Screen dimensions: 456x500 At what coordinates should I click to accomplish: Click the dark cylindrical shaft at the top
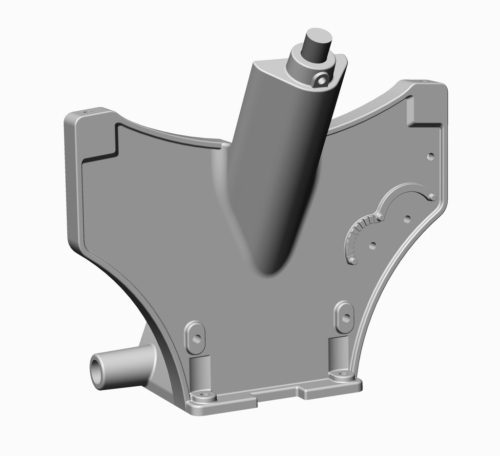(315, 44)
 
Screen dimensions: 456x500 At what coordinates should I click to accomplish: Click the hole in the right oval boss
(345, 318)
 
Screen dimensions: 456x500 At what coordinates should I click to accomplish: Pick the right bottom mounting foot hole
(342, 374)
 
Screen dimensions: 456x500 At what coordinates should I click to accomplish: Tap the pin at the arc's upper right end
(432, 197)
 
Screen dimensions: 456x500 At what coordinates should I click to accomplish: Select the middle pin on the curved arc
(379, 216)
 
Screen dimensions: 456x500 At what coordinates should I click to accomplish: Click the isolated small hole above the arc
(430, 156)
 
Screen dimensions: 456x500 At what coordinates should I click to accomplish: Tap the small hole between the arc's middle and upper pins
(407, 219)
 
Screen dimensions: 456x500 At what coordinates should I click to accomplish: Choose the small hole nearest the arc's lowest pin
(373, 245)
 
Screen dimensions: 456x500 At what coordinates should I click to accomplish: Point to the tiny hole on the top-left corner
(87, 112)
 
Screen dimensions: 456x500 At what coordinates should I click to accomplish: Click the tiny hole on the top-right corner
(423, 81)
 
